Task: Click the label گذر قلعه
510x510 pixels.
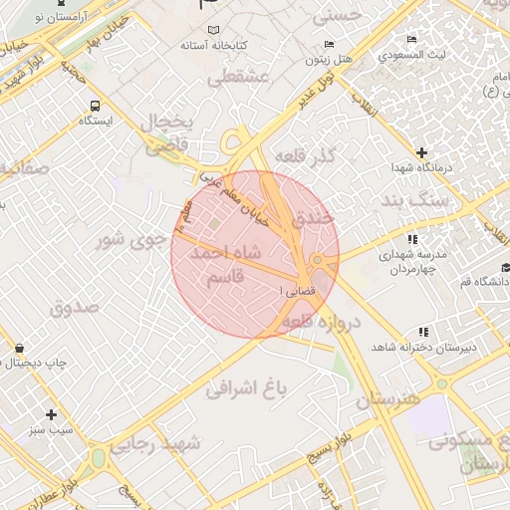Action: tap(335, 158)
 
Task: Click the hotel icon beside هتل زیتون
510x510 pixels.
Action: tap(330, 46)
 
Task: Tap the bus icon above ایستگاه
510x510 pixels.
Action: tap(95, 105)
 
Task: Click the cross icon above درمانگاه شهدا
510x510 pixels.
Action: tap(422, 152)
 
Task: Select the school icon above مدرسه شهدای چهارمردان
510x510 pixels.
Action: tap(412, 239)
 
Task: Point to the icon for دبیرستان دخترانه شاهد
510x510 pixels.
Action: tap(423, 332)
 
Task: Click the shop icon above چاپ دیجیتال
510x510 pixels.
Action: tap(20, 348)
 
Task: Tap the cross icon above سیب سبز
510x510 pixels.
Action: tap(52, 414)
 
